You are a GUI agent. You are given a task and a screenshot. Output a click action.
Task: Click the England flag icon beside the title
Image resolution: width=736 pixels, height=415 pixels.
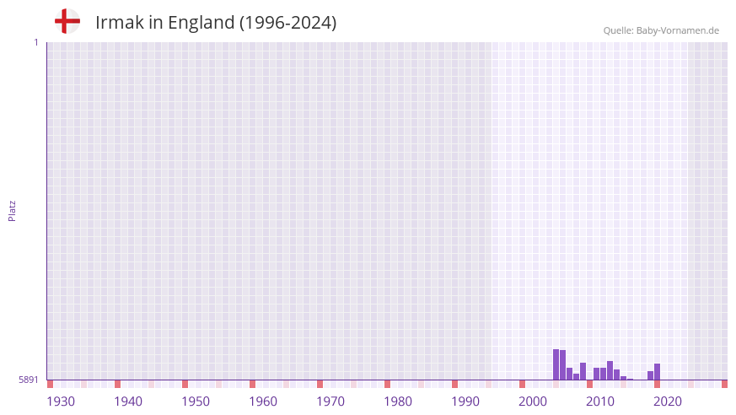(x=67, y=22)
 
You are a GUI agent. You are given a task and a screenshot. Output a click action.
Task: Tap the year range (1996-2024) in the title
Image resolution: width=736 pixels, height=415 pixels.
(x=287, y=23)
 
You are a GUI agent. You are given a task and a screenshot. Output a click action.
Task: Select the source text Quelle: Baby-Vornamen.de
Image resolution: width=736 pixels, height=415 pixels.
(x=661, y=30)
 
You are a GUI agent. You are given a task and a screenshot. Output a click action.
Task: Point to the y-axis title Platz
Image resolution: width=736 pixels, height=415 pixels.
(x=12, y=210)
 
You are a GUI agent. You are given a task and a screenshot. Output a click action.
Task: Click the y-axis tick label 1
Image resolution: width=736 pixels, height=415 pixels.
(x=35, y=42)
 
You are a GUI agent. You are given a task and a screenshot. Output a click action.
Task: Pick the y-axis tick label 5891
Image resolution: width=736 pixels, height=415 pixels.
(x=29, y=380)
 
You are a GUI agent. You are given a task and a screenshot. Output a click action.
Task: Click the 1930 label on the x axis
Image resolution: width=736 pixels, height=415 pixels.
(x=61, y=402)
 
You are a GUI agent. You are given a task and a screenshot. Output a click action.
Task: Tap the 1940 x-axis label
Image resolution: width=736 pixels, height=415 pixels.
(x=128, y=402)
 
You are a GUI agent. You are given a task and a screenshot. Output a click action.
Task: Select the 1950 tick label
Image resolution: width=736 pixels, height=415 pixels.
(x=196, y=402)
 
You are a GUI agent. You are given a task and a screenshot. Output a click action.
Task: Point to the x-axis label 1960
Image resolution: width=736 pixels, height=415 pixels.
(x=263, y=402)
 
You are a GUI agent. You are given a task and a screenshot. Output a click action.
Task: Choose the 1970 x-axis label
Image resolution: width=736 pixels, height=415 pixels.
(x=330, y=402)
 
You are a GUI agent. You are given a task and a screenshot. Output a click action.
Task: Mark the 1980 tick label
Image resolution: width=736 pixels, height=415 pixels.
(x=398, y=402)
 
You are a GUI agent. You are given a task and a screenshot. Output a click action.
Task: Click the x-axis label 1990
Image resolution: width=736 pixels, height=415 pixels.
(x=465, y=402)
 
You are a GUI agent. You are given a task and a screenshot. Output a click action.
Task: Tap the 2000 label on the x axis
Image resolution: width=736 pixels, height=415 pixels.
(x=533, y=402)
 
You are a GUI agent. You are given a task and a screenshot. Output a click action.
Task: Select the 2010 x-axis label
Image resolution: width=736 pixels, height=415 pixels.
(x=600, y=402)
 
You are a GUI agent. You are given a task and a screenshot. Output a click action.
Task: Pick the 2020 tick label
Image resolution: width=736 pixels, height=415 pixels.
(x=668, y=402)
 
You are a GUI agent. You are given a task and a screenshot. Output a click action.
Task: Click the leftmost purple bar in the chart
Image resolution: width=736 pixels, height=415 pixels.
(x=556, y=364)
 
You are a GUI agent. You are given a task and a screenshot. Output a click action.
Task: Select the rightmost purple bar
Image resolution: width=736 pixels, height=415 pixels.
(x=658, y=371)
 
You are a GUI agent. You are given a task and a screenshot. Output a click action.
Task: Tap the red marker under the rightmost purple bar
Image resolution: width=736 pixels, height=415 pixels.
(x=658, y=384)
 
